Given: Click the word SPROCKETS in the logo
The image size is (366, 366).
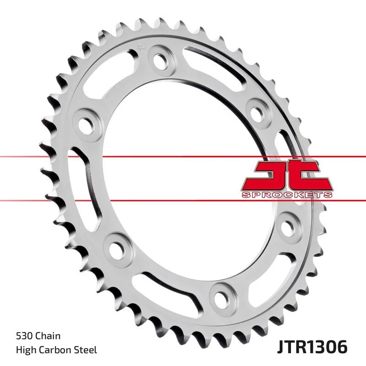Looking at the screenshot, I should tap(286, 195).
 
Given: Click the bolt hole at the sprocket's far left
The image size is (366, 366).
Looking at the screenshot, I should tap(86, 124).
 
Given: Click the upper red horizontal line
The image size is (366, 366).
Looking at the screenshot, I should tap(183, 157).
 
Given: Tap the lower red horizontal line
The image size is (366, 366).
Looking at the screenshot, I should tap(183, 199).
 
